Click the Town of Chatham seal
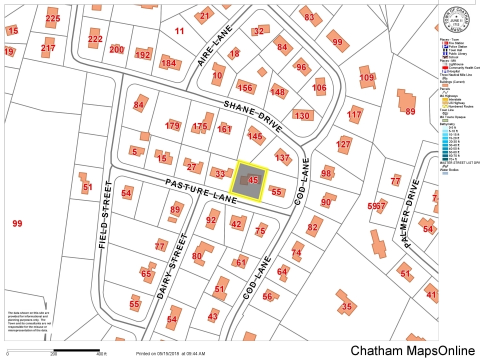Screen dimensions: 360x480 (x=458, y=19)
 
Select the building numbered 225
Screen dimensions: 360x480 (x=52, y=18)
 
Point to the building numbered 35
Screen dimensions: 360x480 (x=346, y=306)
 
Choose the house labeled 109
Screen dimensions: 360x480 (x=366, y=77)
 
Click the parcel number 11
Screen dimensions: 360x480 (x=179, y=31)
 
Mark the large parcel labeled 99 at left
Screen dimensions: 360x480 (x=17, y=223)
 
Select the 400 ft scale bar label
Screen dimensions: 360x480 (x=102, y=354)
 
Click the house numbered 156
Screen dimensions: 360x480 (x=245, y=88)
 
